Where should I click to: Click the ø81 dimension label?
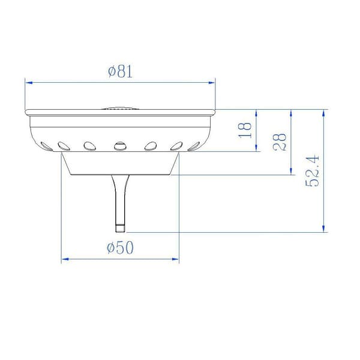point(121,71)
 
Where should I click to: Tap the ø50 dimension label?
point(120,248)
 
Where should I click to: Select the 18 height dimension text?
point(245,130)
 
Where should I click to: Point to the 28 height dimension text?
point(280,142)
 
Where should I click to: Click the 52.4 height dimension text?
point(312,171)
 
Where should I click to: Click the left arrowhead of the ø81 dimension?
point(28,83)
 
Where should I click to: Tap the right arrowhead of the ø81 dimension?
point(212,83)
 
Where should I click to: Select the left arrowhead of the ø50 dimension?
point(65,259)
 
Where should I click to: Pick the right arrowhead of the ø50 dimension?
point(175,259)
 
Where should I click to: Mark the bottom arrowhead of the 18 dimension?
point(256,148)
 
